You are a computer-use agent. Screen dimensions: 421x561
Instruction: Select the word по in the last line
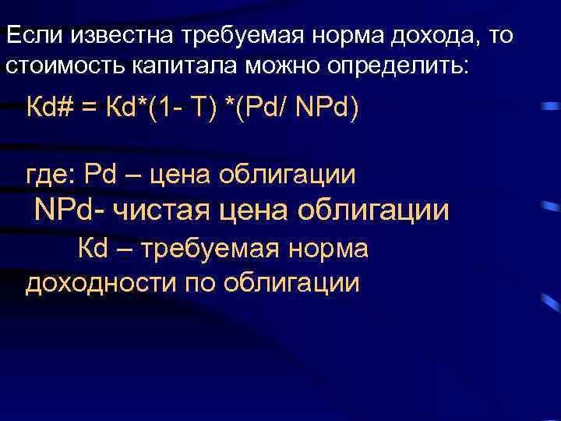point(200,281)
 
